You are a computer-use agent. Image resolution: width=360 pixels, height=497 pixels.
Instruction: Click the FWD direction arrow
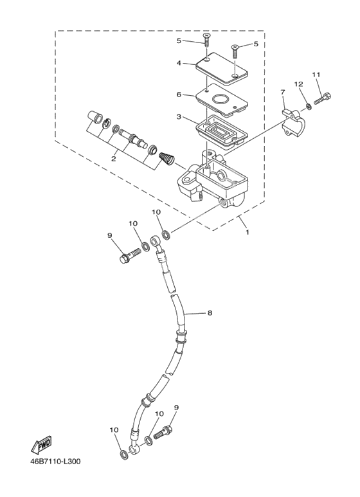[41, 444]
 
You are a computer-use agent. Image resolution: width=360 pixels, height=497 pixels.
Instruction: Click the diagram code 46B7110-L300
[55, 461]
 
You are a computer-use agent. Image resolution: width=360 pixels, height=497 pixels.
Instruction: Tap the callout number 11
[316, 75]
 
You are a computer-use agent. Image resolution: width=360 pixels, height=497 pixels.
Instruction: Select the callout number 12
[298, 84]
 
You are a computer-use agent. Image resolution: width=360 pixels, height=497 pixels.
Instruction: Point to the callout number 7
[282, 92]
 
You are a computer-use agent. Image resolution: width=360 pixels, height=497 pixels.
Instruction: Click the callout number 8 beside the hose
[210, 313]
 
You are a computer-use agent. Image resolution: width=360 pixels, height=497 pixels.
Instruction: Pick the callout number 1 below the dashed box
[248, 232]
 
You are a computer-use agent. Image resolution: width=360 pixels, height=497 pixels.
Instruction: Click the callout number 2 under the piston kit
[113, 158]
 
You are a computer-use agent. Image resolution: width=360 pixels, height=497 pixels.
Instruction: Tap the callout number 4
[179, 63]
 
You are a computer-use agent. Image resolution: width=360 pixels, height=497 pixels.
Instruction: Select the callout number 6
[179, 95]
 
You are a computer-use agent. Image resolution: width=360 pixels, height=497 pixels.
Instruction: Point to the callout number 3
[179, 117]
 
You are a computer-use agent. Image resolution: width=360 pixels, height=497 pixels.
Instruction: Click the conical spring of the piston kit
[166, 158]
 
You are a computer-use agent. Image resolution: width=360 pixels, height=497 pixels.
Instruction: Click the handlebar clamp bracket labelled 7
[293, 123]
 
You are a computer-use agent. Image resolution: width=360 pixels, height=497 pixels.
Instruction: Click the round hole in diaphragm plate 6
[222, 99]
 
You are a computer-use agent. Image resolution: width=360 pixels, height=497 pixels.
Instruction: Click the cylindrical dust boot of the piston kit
[94, 117]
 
